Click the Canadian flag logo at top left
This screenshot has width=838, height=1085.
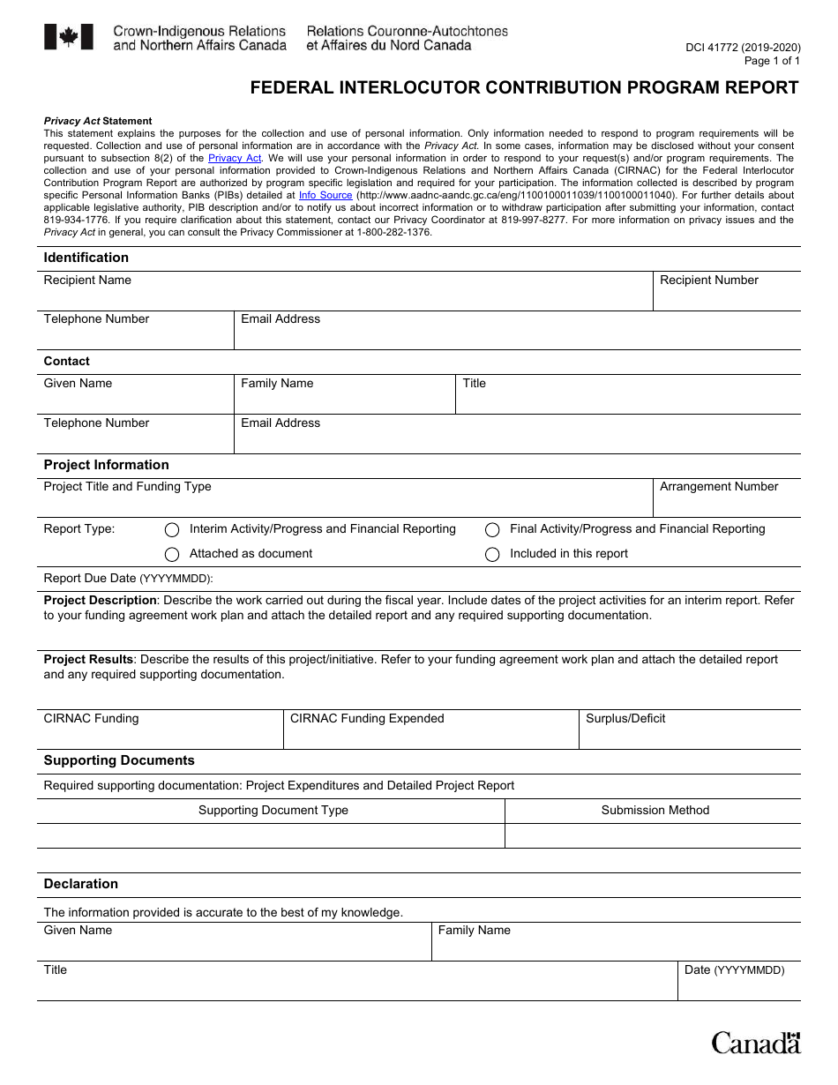tap(69, 37)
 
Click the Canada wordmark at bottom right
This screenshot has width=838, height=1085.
tap(756, 1043)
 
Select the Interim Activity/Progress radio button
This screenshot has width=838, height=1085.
tap(172, 529)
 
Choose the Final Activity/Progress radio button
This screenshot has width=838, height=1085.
tap(492, 529)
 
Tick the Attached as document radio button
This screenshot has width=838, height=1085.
tap(172, 554)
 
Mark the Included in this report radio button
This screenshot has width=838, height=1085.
tap(492, 554)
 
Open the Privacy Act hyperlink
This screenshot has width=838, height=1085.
tap(235, 159)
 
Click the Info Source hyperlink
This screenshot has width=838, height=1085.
tap(325, 196)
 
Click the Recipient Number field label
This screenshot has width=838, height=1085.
tap(709, 281)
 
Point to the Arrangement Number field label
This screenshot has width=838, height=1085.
tap(719, 487)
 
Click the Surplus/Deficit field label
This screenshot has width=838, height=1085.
tap(625, 719)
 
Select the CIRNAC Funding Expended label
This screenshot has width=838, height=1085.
tap(367, 719)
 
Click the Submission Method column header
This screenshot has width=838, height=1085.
tap(655, 811)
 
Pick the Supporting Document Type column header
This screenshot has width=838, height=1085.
tap(273, 811)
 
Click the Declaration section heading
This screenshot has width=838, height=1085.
tap(81, 884)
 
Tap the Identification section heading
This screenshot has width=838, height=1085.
tap(86, 258)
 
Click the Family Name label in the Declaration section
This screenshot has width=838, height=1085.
tap(474, 931)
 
